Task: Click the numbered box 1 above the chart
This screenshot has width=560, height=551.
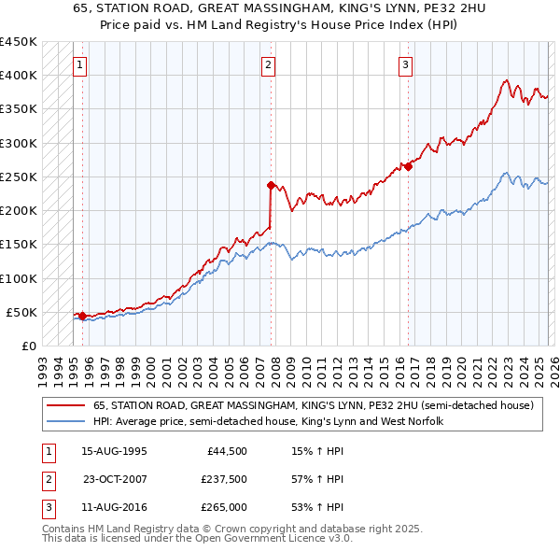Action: [x=80, y=65]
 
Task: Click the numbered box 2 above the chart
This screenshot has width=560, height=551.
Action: [x=268, y=65]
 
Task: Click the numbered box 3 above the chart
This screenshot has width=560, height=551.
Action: [x=406, y=65]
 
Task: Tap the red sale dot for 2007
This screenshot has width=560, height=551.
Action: [x=271, y=185]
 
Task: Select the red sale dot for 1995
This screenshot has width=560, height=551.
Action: [x=82, y=316]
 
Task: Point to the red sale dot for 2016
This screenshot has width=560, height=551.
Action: [x=408, y=166]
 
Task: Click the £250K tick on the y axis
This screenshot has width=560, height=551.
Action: [x=19, y=177]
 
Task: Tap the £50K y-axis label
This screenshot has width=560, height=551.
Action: [x=22, y=312]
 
